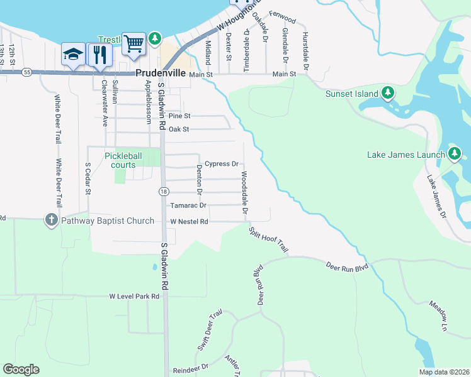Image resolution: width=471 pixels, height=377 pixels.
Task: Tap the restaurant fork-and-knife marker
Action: point(99,55)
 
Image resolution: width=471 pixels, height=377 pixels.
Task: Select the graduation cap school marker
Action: point(74,55)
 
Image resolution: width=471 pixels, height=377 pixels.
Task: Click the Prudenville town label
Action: point(161,73)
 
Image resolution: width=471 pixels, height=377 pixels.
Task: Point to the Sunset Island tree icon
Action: point(389,94)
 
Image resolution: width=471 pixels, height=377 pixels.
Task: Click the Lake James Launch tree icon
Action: point(455,154)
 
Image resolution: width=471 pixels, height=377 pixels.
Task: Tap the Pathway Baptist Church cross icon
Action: point(51,221)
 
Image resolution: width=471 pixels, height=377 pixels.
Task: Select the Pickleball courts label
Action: point(120,160)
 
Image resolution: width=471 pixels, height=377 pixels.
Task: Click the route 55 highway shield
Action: point(26,72)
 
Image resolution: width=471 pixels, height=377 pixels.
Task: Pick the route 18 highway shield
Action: point(163,192)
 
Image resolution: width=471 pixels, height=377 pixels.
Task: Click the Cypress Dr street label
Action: point(222,164)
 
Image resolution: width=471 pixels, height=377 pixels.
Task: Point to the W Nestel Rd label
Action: point(189,221)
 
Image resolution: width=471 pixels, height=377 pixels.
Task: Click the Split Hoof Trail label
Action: point(268,239)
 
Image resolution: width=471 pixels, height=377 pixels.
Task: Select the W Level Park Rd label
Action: point(135,295)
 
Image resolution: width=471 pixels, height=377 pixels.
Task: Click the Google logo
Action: point(21,369)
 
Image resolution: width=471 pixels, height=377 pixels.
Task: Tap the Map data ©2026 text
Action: point(444,372)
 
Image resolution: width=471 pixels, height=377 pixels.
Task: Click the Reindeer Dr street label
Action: point(191,366)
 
